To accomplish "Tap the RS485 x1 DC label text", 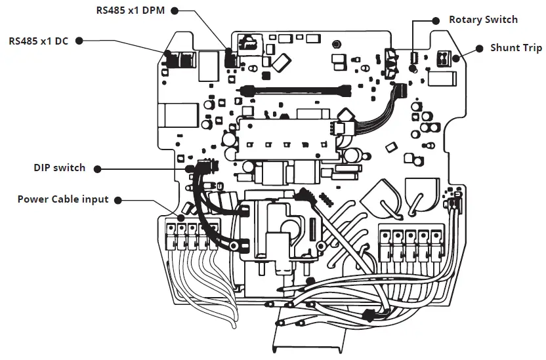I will click(38, 40).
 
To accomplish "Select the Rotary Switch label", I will click(483, 20).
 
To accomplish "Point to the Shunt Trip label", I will click(516, 48).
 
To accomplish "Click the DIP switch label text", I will click(60, 168).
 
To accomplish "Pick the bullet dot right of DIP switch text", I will click(98, 169).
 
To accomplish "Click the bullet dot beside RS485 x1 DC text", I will click(79, 40).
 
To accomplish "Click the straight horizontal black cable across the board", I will click(295, 90).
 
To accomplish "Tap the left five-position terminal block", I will click(188, 236).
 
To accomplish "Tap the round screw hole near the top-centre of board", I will click(336, 45).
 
